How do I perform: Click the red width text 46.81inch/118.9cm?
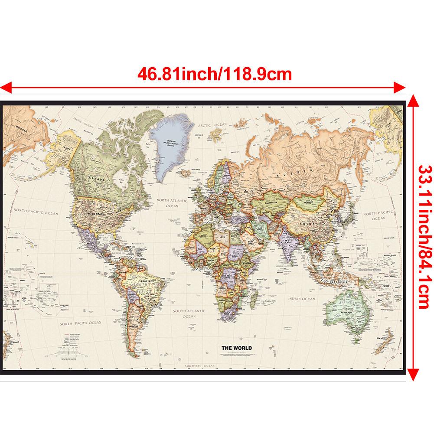click(215, 74)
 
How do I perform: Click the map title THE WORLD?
click(236, 348)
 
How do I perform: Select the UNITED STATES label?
click(96, 214)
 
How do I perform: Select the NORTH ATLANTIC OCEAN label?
click(172, 203)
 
